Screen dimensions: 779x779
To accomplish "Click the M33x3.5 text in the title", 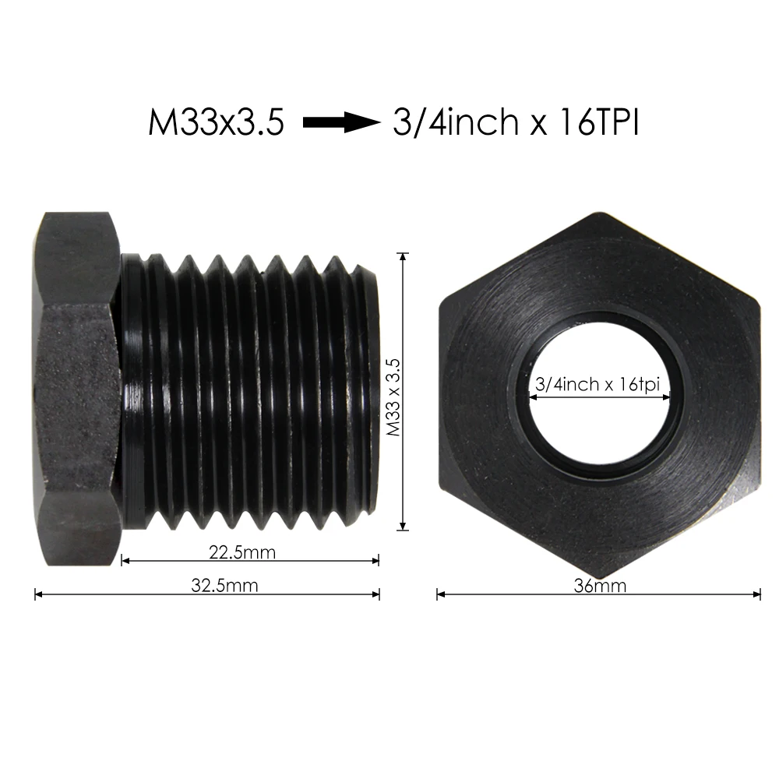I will click(216, 122).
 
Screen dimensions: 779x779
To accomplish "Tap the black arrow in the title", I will click(340, 122).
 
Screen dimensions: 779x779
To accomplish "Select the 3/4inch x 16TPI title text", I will click(516, 122).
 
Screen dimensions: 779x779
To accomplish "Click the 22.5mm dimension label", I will click(242, 552).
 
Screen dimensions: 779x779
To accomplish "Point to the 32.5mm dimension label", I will click(224, 586).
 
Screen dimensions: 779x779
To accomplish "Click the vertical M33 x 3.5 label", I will click(394, 397).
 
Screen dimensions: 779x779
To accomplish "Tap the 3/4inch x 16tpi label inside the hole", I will click(598, 385).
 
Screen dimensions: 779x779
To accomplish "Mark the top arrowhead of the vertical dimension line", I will click(403, 255).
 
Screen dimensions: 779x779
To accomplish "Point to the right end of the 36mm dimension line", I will click(760, 594).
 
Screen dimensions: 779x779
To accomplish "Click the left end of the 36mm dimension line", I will click(438, 594).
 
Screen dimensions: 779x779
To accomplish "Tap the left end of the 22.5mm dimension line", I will click(123, 560).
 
